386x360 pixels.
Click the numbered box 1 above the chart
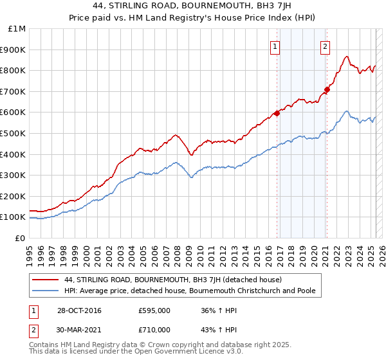pyautogui.click(x=275, y=46)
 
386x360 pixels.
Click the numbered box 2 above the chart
pyautogui.click(x=326, y=46)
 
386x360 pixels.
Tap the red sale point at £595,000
pyautogui.click(x=277, y=113)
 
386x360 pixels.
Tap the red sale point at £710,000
pyautogui.click(x=327, y=89)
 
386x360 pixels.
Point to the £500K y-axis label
pyautogui.click(x=13, y=133)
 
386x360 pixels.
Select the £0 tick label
pyautogui.click(x=21, y=238)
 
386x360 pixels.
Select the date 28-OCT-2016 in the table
pyautogui.click(x=79, y=310)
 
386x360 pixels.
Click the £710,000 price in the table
pyautogui.click(x=154, y=329)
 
